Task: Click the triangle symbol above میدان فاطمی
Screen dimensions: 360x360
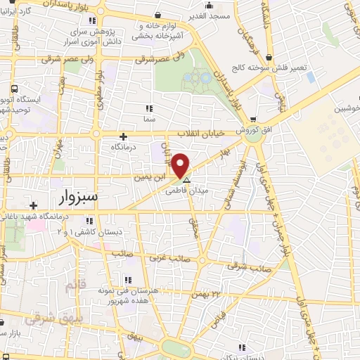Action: [186, 180]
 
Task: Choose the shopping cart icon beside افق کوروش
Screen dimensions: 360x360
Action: [252, 120]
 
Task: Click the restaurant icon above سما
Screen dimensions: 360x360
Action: [148, 108]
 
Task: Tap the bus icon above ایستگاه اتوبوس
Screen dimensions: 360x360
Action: [15, 89]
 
